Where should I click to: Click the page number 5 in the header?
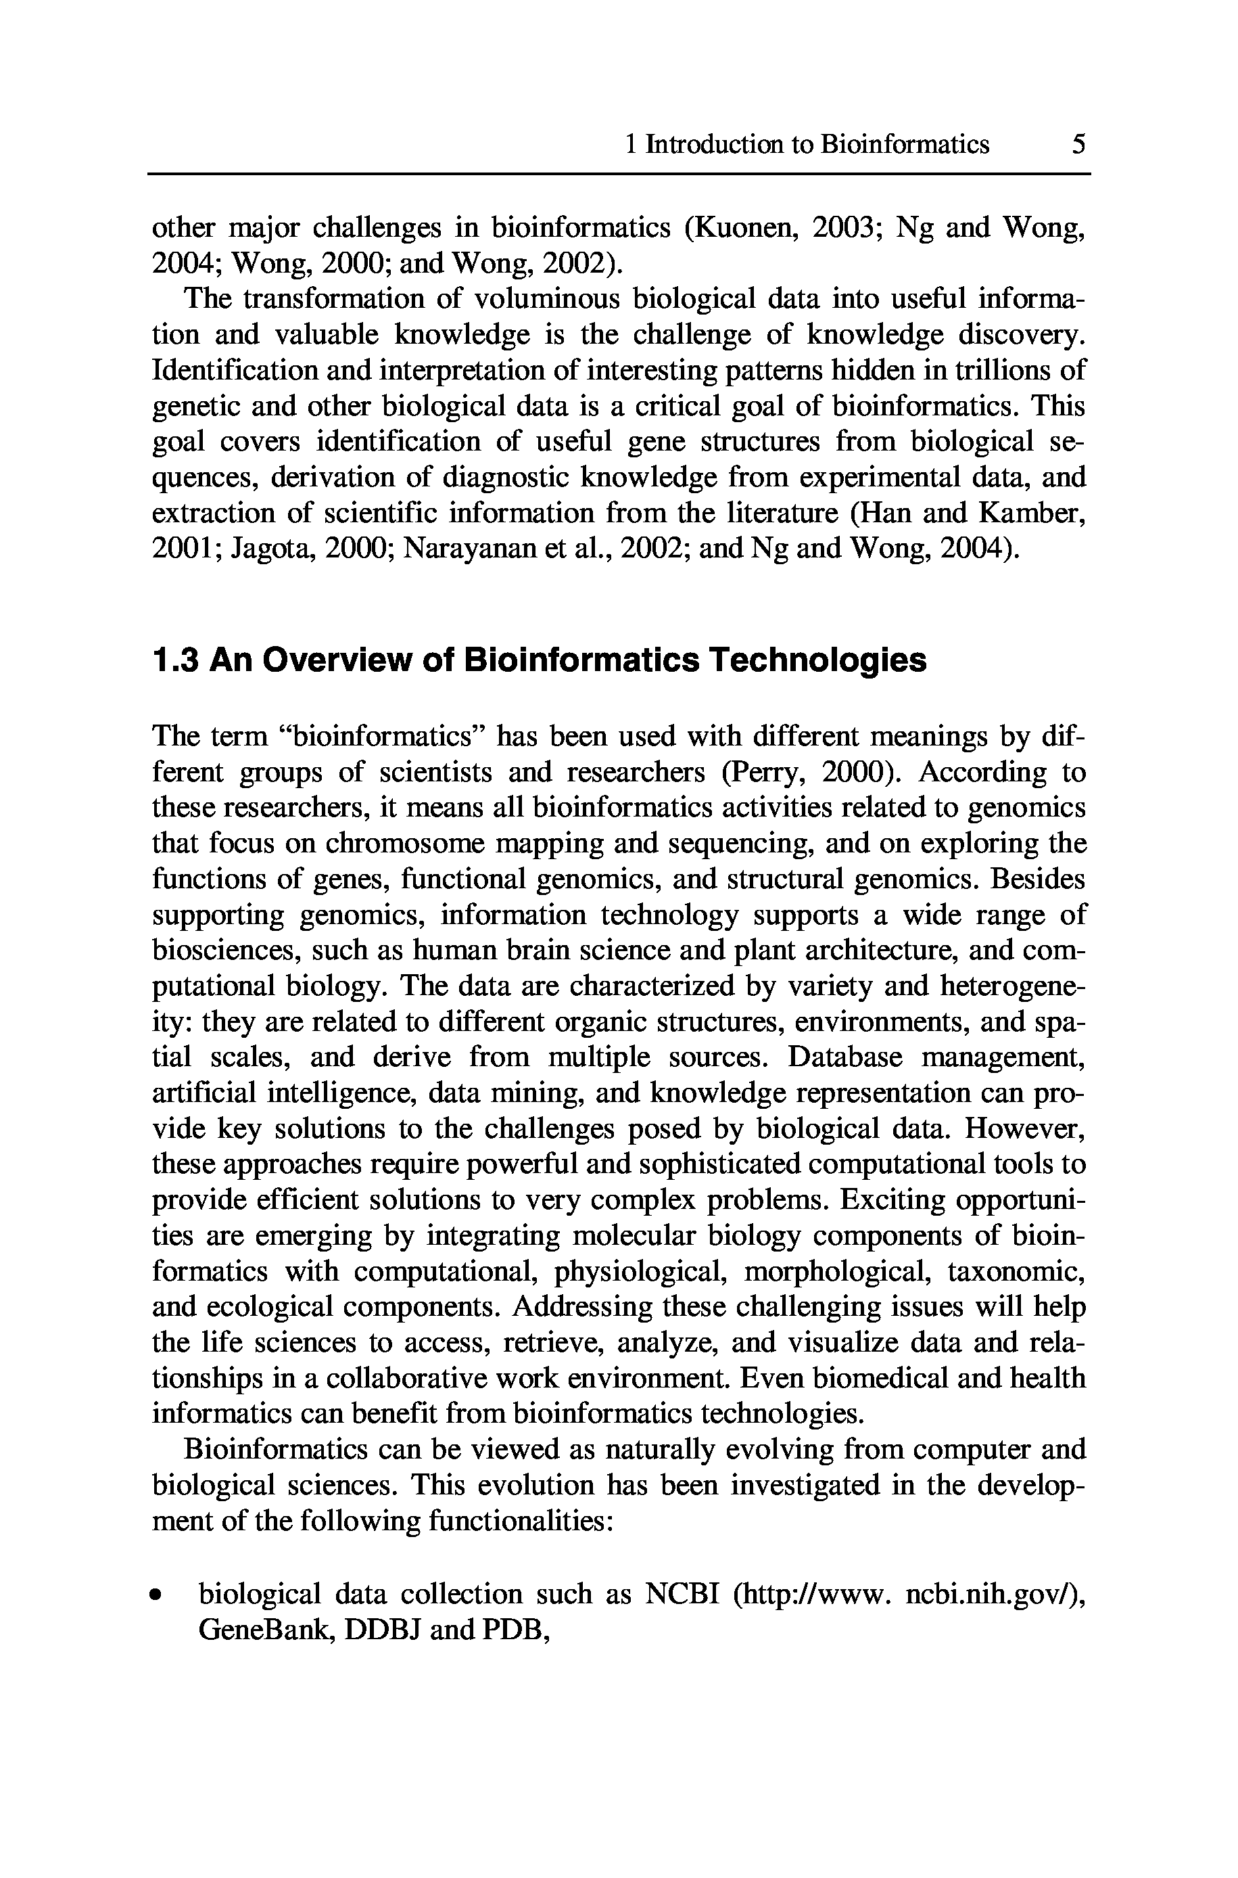(1078, 145)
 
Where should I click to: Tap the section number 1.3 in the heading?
(174, 660)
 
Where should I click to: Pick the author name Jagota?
(270, 548)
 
